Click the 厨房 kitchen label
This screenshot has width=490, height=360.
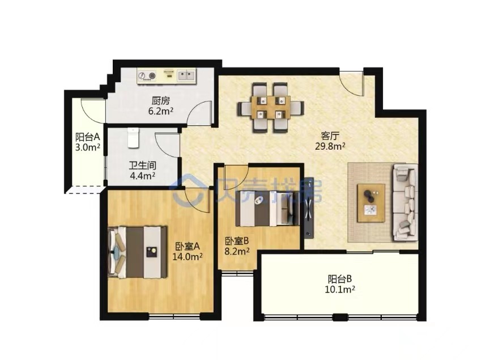(x=161, y=101)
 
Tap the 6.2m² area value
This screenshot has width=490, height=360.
(x=161, y=111)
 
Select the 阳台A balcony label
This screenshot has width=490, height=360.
(x=87, y=137)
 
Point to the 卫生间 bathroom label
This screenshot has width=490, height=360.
(x=143, y=166)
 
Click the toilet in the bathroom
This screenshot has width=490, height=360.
(x=133, y=138)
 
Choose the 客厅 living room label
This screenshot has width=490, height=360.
(x=330, y=136)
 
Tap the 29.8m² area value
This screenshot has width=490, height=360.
(x=330, y=146)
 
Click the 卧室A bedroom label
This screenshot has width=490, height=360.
(x=187, y=247)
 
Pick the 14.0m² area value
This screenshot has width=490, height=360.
(x=187, y=257)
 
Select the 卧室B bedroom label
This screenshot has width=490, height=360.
(x=237, y=240)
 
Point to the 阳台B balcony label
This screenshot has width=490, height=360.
(x=340, y=278)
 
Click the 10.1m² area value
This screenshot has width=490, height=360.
(x=340, y=289)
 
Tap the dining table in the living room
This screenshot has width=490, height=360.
(x=271, y=107)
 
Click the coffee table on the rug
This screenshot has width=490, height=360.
(x=371, y=203)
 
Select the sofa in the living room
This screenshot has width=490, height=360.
(x=406, y=202)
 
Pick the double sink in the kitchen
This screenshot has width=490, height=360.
(x=186, y=75)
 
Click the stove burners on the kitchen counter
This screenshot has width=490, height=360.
(x=147, y=76)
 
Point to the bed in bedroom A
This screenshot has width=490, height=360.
(x=137, y=252)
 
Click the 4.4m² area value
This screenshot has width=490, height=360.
(x=143, y=176)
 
